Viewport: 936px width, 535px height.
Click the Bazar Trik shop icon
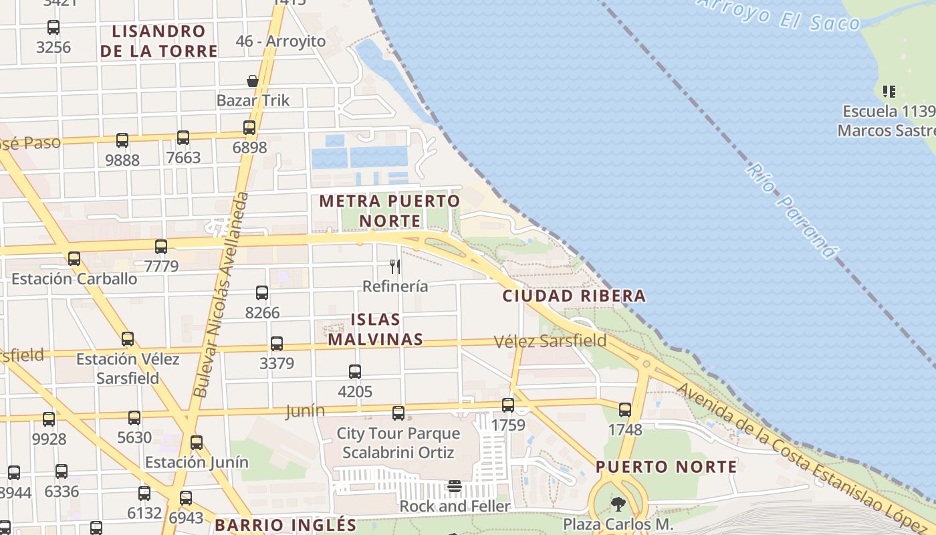pyautogui.click(x=253, y=81)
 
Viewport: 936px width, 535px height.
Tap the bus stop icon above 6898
pyautogui.click(x=249, y=128)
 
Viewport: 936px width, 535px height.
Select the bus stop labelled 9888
pyautogui.click(x=122, y=140)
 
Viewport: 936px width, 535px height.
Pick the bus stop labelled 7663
pyautogui.click(x=183, y=138)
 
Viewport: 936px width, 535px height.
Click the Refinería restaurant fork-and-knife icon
pyautogui.click(x=395, y=267)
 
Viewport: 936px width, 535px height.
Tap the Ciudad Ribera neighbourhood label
pyautogui.click(x=574, y=296)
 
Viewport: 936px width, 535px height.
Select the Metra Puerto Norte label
pyautogui.click(x=390, y=211)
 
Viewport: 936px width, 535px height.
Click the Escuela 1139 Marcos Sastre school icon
pyautogui.click(x=889, y=91)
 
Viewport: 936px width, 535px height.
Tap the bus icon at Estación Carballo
pyautogui.click(x=74, y=259)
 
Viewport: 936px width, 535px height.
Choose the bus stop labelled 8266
pyautogui.click(x=262, y=293)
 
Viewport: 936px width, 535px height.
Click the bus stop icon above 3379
pyautogui.click(x=277, y=344)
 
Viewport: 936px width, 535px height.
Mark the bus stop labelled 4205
pyautogui.click(x=355, y=372)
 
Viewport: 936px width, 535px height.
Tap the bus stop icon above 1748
pyautogui.click(x=625, y=410)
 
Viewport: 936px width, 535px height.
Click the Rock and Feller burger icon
pyautogui.click(x=455, y=486)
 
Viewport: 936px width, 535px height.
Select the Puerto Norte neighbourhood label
pyautogui.click(x=666, y=467)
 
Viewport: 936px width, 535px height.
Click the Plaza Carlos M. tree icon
pyautogui.click(x=618, y=504)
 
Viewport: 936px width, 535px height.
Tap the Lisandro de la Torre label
pyautogui.click(x=159, y=41)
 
